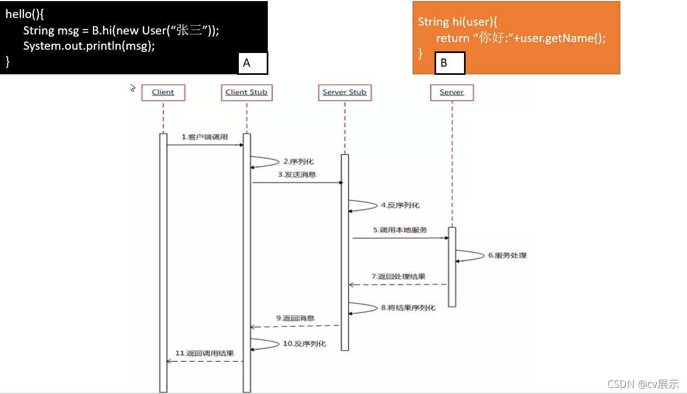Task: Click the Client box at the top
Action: (x=163, y=92)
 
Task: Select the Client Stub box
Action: (x=246, y=92)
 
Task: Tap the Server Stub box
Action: (x=344, y=92)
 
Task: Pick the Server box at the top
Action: (x=451, y=92)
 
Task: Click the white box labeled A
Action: (x=253, y=63)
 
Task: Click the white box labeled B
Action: (x=450, y=63)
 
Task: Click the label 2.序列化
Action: (x=298, y=162)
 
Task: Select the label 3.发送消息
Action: (x=297, y=175)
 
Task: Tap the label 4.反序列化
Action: (x=400, y=205)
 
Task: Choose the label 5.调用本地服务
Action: (x=400, y=230)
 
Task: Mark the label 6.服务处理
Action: (x=507, y=255)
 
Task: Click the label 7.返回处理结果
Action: (x=398, y=277)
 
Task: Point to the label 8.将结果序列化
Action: (x=408, y=308)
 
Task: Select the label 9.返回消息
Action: (x=295, y=318)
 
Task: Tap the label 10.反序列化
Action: (x=304, y=344)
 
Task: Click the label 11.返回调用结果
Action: (x=204, y=353)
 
